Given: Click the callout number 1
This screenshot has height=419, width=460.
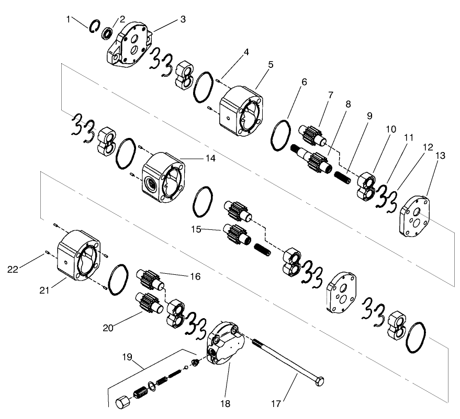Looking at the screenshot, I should [x=69, y=19].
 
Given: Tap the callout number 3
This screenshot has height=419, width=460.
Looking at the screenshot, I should [x=183, y=19].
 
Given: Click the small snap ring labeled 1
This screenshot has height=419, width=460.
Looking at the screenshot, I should [x=95, y=26].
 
